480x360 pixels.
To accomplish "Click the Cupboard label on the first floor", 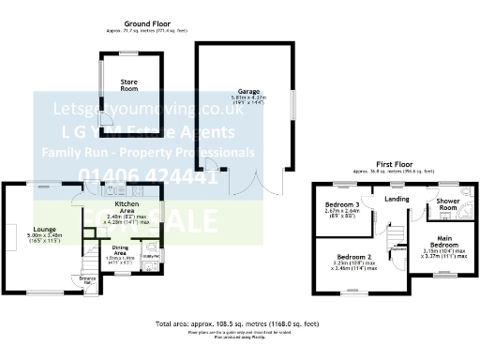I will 398,249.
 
